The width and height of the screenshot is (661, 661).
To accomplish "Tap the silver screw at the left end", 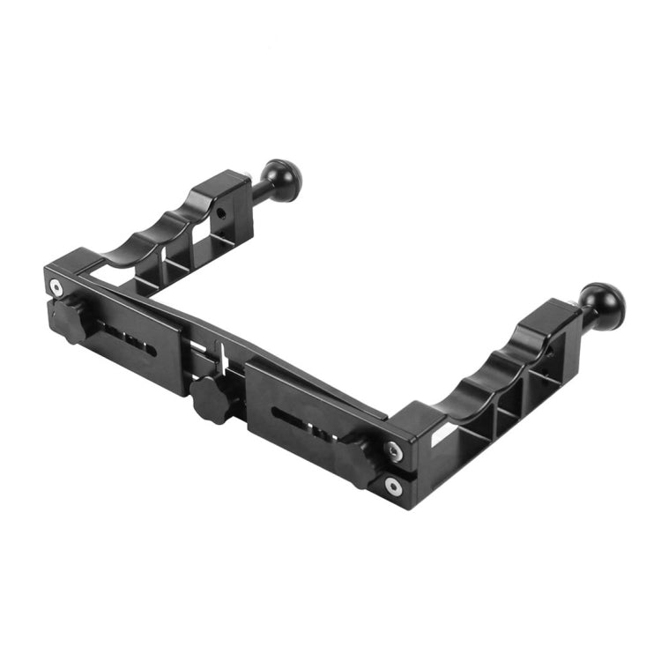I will coord(57,287).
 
